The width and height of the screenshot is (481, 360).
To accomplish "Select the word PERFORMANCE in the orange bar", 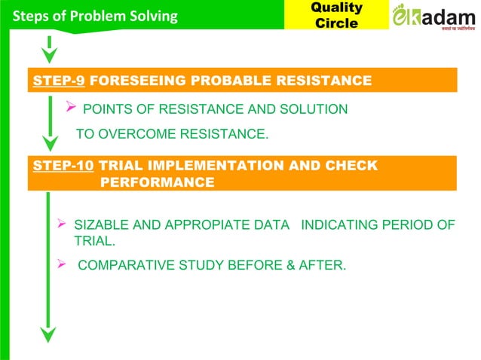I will coord(157,182).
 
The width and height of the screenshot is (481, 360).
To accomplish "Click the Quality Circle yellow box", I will coord(337,15).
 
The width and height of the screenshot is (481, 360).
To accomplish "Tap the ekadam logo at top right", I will coord(434,17).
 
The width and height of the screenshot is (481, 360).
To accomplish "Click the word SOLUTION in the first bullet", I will coord(317,110).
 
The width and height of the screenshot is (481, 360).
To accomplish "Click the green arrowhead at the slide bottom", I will coord(49,334).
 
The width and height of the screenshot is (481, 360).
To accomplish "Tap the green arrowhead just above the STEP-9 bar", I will coord(49,55).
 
